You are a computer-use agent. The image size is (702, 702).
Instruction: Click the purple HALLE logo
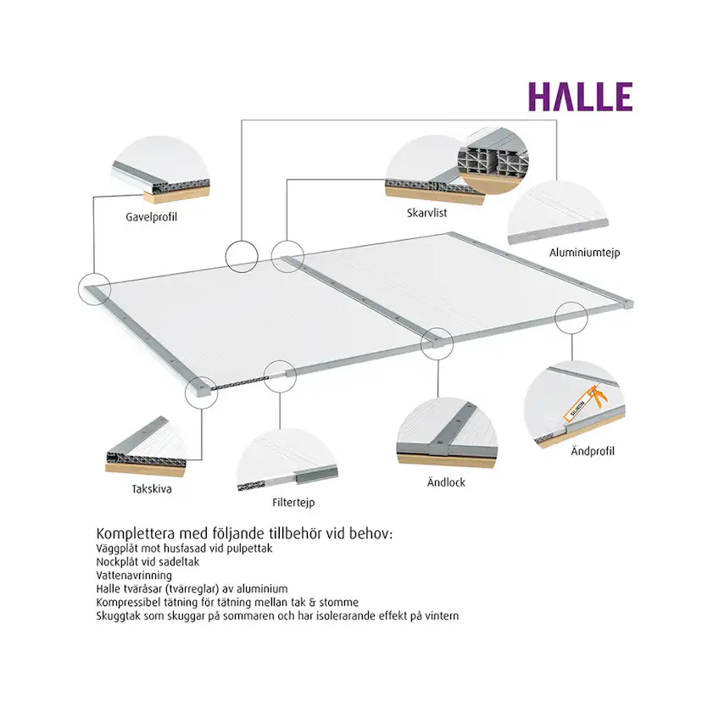click(581, 97)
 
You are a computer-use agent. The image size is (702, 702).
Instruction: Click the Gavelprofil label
click(151, 216)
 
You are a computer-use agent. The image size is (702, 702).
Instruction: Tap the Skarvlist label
click(426, 214)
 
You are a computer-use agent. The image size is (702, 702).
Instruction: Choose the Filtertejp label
click(293, 503)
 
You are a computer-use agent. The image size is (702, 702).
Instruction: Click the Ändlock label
click(445, 482)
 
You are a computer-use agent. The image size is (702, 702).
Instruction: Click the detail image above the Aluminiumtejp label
click(559, 212)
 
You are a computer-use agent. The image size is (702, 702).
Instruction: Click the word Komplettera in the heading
click(137, 535)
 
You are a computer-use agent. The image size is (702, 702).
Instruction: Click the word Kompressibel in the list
click(130, 601)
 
